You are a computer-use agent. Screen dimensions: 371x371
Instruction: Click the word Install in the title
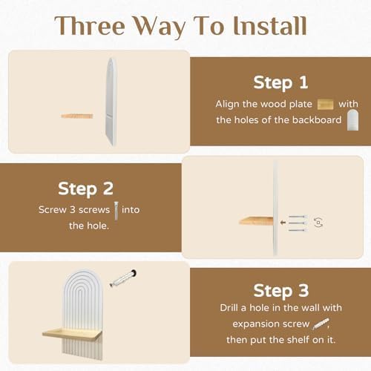click(270, 26)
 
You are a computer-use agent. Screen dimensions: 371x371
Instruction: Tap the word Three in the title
click(90, 25)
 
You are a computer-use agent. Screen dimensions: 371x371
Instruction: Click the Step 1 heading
click(280, 82)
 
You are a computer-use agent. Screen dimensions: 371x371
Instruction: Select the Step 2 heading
click(85, 189)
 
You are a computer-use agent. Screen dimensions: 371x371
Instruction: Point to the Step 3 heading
click(281, 290)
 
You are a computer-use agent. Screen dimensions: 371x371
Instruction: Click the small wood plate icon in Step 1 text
click(325, 105)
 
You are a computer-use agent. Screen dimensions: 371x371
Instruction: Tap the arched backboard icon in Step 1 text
click(352, 120)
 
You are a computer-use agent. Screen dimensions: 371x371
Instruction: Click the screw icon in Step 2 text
click(116, 211)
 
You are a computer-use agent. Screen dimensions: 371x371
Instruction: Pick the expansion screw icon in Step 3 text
click(321, 324)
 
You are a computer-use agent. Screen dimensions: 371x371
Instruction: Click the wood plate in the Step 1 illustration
click(77, 116)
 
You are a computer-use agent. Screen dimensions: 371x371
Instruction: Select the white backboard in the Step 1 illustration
click(111, 102)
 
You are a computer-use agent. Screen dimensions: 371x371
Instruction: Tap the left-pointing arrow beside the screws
click(283, 223)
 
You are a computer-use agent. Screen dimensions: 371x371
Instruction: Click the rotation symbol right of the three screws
click(318, 223)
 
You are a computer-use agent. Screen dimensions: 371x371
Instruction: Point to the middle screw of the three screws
click(298, 223)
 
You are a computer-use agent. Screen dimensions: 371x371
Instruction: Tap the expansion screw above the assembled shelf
click(123, 278)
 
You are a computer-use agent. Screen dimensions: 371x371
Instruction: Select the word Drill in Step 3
click(229, 308)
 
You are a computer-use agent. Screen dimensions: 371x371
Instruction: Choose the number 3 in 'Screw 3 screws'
click(73, 210)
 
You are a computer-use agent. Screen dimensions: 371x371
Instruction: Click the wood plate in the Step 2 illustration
click(256, 220)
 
